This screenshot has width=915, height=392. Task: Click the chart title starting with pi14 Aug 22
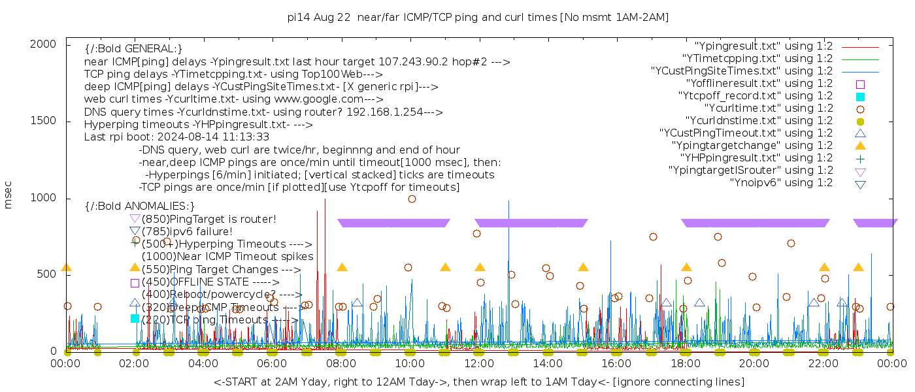pyautogui.click(x=478, y=17)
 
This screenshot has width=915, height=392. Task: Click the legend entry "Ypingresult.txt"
pyautogui.click(x=763, y=46)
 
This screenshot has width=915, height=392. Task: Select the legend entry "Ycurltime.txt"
pyautogui.click(x=768, y=108)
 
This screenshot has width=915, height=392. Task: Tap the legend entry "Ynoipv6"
pyautogui.click(x=781, y=183)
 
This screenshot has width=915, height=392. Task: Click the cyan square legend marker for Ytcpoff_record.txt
pyautogui.click(x=860, y=97)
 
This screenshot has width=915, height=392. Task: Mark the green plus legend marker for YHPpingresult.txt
pyautogui.click(x=860, y=158)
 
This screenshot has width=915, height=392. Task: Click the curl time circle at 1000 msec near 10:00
pyautogui.click(x=412, y=199)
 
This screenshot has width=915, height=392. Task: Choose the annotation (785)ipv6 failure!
pyautogui.click(x=187, y=231)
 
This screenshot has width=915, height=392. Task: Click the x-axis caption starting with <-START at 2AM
pyautogui.click(x=478, y=382)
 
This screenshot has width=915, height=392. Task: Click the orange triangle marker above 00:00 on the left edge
pyautogui.click(x=66, y=267)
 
